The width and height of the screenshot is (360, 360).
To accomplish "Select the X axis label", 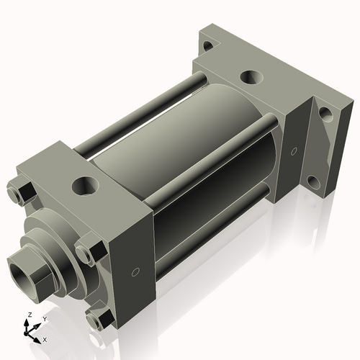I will (45, 338).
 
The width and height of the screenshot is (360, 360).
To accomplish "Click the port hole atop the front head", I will (86, 185).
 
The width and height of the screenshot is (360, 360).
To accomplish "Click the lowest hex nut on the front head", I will (94, 320).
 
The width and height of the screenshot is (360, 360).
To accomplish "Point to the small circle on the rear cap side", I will (293, 152).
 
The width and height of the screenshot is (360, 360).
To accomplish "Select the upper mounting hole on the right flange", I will (325, 114).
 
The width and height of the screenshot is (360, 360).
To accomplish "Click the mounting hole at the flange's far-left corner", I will (207, 46).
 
